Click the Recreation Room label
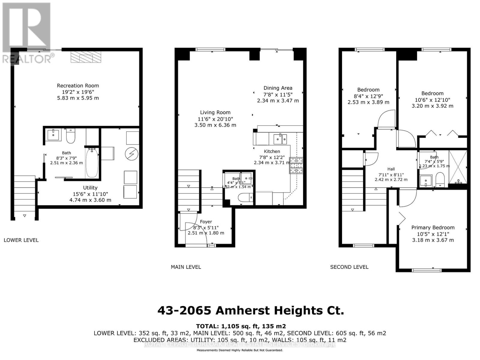pyautogui.click(x=78, y=85)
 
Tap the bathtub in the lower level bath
pyautogui.click(x=92, y=163)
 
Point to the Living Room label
pyautogui.click(x=215, y=112)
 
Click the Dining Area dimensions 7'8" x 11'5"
pyautogui.click(x=278, y=94)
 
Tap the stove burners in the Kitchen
pyautogui.click(x=296, y=166)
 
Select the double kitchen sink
pyautogui.click(x=280, y=139)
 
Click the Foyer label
pyautogui.click(x=206, y=222)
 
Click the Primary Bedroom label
pyautogui.click(x=433, y=227)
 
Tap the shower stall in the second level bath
pyautogui.click(x=458, y=167)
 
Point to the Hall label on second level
pyautogui.click(x=391, y=169)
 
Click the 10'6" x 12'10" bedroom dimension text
pyautogui.click(x=432, y=100)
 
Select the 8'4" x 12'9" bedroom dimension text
pyautogui.click(x=368, y=96)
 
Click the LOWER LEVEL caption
pyautogui.click(x=21, y=240)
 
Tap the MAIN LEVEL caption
pyautogui.click(x=186, y=267)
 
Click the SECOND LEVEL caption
pyautogui.click(x=349, y=267)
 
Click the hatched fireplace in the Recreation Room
pyautogui.click(x=86, y=57)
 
